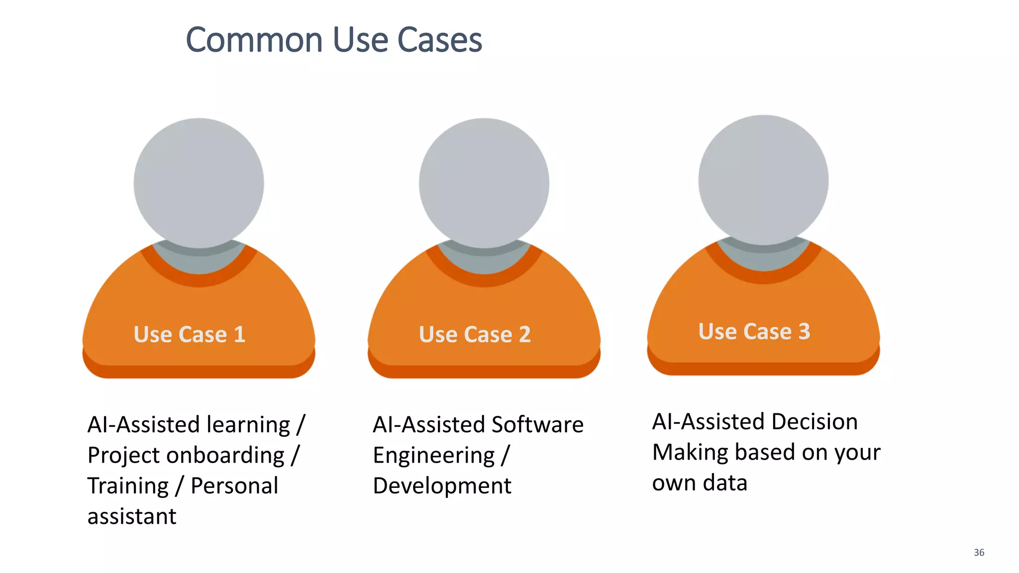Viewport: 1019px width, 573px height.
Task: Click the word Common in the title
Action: pos(254,40)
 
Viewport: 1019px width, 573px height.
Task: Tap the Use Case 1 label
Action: pos(190,334)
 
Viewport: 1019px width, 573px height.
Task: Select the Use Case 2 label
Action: pos(475,334)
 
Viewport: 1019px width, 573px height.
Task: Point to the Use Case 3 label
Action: pos(754,331)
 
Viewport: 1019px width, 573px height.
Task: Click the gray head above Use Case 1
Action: pos(199,183)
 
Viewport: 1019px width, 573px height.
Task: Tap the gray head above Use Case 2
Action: pos(484,183)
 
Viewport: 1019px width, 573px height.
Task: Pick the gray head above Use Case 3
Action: pos(763,180)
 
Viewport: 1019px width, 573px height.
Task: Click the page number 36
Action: pos(979,553)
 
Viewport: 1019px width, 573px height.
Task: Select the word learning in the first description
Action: pos(248,425)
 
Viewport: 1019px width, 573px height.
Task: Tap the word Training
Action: pos(128,486)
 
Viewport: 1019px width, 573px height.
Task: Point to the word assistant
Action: pos(132,517)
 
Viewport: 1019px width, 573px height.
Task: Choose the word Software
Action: pos(537,425)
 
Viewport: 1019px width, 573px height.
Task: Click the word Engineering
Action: pos(434,456)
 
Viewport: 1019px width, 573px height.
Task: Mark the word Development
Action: pos(442,486)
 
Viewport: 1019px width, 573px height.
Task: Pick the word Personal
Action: pos(234,486)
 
